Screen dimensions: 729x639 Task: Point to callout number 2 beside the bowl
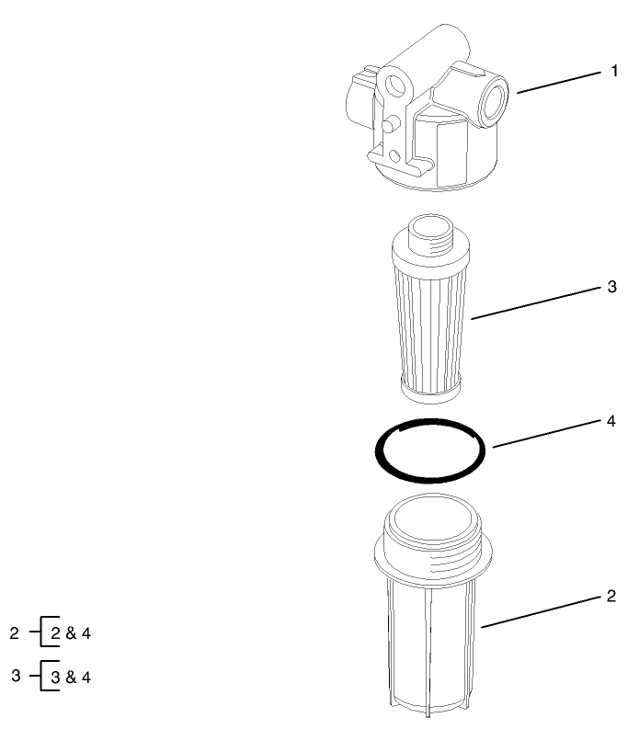612,597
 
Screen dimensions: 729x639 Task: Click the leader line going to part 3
537,303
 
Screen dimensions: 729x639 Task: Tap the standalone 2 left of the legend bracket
15,633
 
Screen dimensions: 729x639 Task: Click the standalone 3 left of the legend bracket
15,677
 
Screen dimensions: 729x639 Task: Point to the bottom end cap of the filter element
430,391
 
